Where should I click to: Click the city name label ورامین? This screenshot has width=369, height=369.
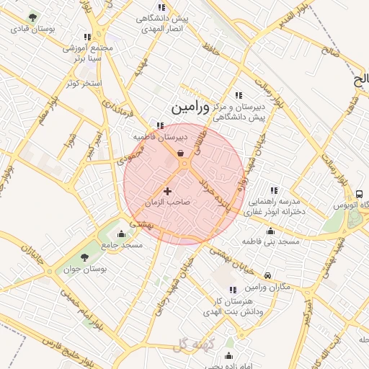[x=190, y=107]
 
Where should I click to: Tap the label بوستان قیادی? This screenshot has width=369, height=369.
[x=28, y=30]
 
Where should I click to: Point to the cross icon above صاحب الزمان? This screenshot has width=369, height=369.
[x=168, y=191]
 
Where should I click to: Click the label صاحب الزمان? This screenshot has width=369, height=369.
[x=167, y=203]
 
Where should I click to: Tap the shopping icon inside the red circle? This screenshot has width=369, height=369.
[x=179, y=154]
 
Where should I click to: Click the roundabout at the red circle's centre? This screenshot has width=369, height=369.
[x=185, y=165]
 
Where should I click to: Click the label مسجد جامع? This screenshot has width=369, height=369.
[x=122, y=245]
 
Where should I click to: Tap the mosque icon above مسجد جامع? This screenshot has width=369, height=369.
[x=121, y=234]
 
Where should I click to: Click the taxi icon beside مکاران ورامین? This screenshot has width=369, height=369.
[x=267, y=276]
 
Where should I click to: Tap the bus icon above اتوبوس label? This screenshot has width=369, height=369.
[x=359, y=194]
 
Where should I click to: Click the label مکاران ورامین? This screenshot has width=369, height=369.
[x=267, y=288]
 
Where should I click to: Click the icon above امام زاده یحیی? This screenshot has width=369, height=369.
[x=229, y=355]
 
